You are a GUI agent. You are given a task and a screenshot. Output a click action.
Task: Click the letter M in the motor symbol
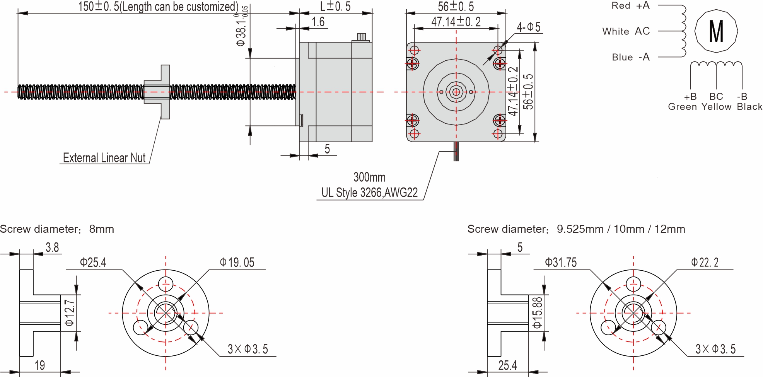point(716,31)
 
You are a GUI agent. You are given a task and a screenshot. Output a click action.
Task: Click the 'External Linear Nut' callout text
point(104,158)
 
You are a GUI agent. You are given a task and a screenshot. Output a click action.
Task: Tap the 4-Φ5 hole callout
point(529,27)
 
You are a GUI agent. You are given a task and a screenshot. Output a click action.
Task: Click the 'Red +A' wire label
point(630,6)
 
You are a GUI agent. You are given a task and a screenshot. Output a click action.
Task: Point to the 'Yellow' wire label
point(716,107)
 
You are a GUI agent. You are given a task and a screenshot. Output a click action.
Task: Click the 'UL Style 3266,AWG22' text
point(369,193)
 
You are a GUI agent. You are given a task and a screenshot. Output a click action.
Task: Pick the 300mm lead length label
point(369,177)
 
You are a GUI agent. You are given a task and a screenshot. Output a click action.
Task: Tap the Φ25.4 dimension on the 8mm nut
point(93,263)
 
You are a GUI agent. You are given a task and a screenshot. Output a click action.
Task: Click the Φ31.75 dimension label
point(560,263)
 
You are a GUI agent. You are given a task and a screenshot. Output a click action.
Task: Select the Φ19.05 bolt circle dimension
point(237,263)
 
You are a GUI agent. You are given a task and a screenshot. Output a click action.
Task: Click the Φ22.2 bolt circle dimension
point(705,263)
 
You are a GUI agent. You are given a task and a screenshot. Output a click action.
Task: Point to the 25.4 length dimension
point(507,365)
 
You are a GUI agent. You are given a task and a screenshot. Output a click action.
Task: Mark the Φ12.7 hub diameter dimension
point(70,312)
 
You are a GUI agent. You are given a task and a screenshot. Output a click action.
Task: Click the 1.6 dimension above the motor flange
point(318,22)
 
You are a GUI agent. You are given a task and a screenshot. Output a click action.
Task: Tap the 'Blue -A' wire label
point(630,57)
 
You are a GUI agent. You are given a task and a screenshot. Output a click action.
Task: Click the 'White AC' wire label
point(626,31)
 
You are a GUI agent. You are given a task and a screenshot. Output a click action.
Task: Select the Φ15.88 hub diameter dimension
point(538,312)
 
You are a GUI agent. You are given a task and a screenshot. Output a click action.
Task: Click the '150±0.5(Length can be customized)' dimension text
point(158,7)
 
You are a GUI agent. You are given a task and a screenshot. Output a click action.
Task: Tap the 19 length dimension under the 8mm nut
point(40,365)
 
